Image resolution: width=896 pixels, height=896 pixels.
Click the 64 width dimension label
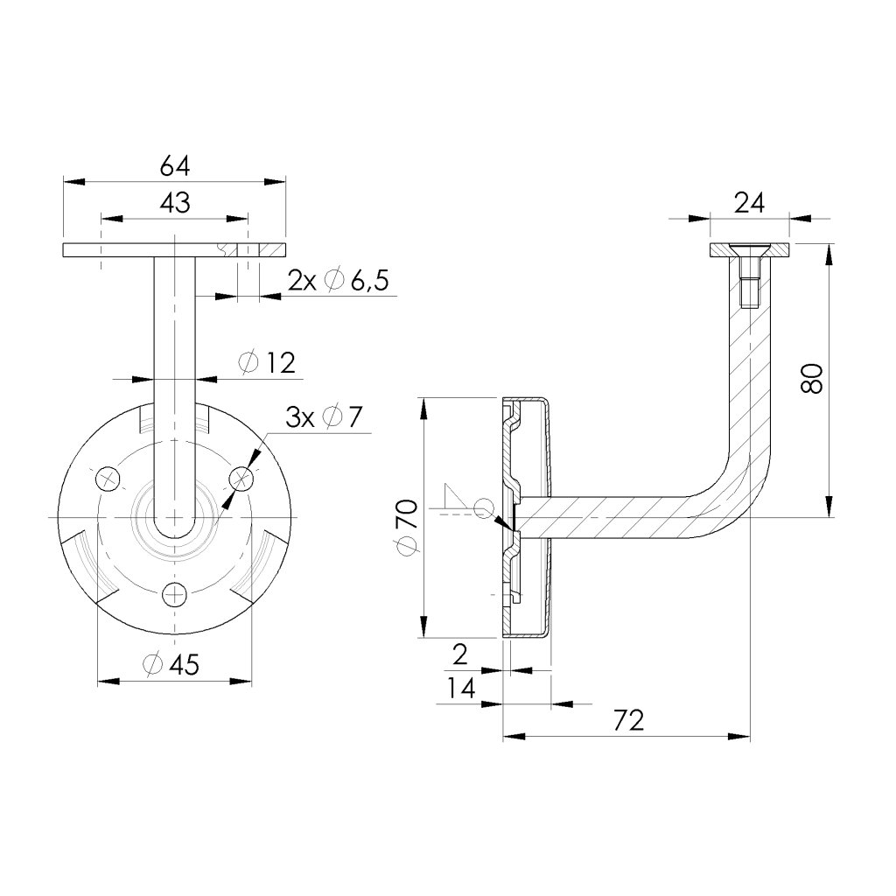175,164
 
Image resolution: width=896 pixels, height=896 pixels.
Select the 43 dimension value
175,203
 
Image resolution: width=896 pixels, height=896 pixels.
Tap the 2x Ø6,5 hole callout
338,281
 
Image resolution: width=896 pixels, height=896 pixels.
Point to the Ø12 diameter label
268,362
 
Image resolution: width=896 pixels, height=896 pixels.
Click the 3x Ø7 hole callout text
324,417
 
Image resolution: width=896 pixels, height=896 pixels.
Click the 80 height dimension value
812,378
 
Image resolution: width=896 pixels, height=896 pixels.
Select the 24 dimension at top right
749,203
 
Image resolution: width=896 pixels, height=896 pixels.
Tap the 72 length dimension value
628,720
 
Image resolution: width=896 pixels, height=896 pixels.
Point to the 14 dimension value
460,689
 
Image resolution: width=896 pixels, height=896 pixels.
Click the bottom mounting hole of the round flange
175,594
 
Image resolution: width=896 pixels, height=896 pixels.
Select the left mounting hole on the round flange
108,478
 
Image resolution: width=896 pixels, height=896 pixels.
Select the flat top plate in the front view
174,250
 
